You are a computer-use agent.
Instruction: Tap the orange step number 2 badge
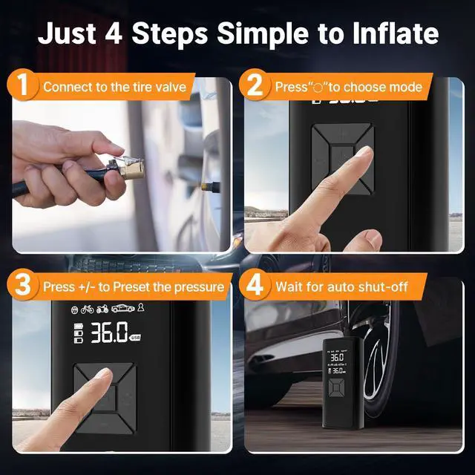255,86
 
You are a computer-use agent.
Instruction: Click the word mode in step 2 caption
404,87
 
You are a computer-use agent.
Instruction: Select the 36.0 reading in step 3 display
109,332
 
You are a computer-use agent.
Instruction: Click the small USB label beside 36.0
135,338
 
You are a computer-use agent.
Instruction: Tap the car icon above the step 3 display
123,309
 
